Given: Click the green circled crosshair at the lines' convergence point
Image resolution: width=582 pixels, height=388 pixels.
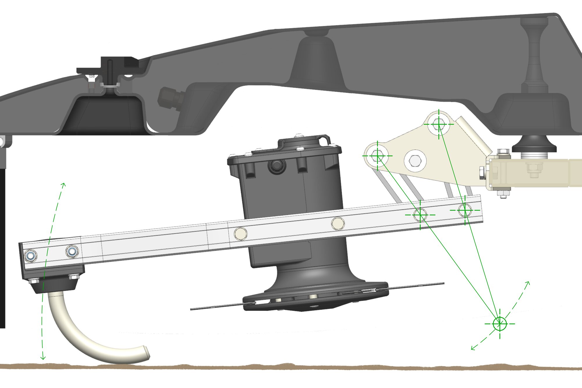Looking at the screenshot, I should (x=500, y=323).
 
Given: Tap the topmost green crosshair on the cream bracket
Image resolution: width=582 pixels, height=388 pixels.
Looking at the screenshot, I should (x=439, y=124).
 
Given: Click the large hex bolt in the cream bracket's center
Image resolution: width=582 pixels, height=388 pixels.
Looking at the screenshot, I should (x=414, y=160).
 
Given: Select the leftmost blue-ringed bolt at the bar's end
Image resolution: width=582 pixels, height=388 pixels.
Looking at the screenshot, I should (x=31, y=256).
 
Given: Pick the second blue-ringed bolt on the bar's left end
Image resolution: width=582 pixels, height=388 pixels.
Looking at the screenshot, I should (x=72, y=251).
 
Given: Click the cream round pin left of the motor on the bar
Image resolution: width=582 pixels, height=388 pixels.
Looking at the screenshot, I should (x=241, y=234).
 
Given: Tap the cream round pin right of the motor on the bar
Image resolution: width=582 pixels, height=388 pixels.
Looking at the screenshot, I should (x=338, y=224).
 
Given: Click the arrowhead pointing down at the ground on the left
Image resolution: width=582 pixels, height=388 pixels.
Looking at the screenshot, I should (x=43, y=358).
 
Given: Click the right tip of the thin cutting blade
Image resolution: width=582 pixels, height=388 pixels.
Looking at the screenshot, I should (x=443, y=283).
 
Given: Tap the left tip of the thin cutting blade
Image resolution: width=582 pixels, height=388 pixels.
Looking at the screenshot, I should (x=191, y=309).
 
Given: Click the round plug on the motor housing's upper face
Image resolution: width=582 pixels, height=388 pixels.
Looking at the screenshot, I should (x=275, y=166).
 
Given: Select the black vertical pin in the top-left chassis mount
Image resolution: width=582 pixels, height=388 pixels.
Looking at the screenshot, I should (x=110, y=71).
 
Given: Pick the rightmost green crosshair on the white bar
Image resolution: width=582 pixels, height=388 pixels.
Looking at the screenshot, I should (x=465, y=210).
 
